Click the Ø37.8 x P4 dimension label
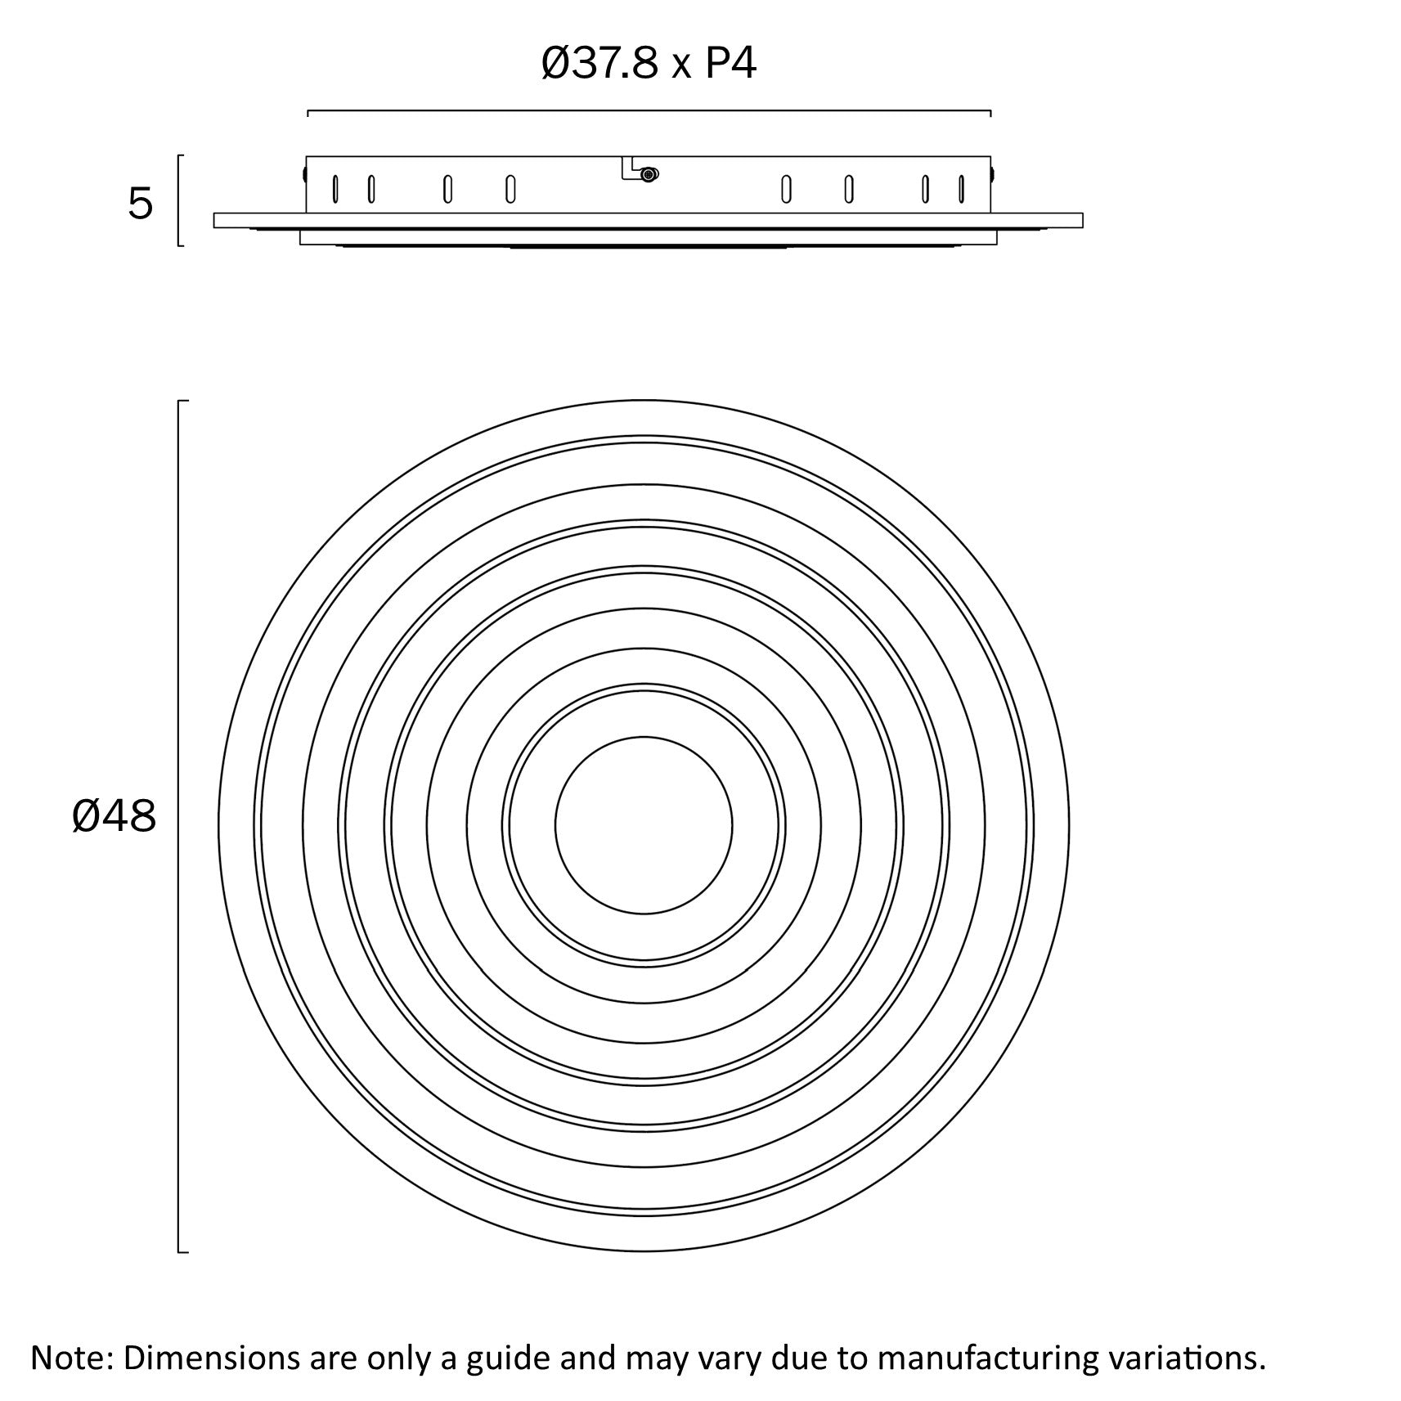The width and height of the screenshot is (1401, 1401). [649, 64]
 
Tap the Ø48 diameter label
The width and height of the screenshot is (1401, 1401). [114, 816]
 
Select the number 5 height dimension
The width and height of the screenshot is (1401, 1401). [140, 204]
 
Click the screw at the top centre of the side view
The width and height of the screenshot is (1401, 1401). [649, 174]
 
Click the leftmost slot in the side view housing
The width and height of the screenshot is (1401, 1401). [335, 189]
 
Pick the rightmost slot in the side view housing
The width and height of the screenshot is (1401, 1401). [961, 189]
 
